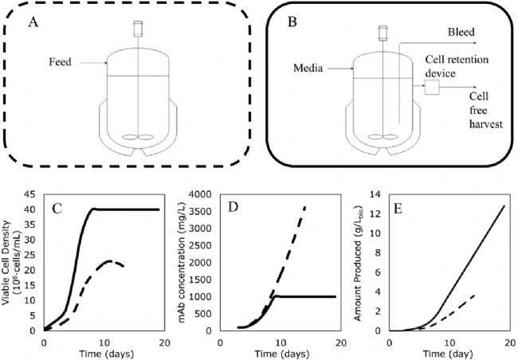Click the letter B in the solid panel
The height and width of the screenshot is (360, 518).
click(292, 22)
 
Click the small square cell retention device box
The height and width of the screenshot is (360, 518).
click(434, 88)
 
